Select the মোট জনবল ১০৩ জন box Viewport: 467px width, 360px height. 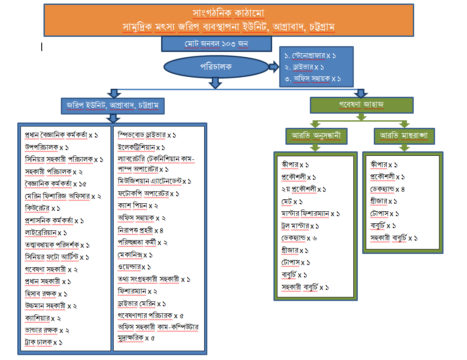point(216,44)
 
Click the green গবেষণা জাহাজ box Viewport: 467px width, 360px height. point(361,105)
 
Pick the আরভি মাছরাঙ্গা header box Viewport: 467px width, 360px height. point(404,135)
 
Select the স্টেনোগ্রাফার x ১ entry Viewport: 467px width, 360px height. point(310,56)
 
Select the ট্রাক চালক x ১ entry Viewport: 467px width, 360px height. point(44,342)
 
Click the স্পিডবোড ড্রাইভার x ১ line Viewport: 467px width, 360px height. point(147,135)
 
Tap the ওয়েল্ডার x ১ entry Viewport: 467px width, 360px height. point(135,267)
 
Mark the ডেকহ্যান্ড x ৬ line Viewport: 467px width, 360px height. point(299,238)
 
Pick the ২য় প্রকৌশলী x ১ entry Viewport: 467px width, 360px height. point(304,189)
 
